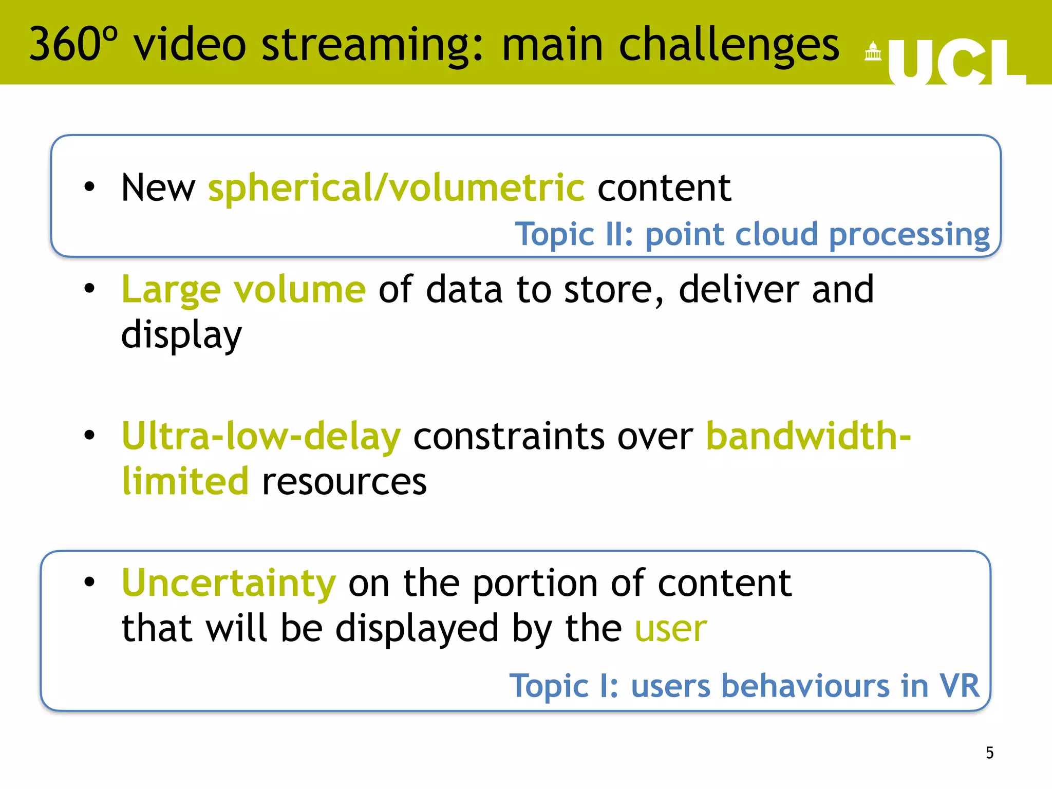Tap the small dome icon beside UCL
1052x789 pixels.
[x=873, y=51]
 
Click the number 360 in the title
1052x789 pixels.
[x=65, y=45]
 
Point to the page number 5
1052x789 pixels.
[x=989, y=753]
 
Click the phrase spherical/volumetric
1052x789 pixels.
[x=396, y=188]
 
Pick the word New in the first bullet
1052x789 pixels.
[x=158, y=188]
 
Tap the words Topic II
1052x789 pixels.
[x=574, y=235]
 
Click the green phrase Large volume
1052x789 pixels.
[x=243, y=290]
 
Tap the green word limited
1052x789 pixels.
[x=185, y=482]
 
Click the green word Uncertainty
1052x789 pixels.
[x=229, y=584]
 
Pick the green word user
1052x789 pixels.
[x=671, y=629]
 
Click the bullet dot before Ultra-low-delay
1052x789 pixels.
[x=90, y=436]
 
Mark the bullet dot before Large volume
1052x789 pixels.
[x=90, y=289]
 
